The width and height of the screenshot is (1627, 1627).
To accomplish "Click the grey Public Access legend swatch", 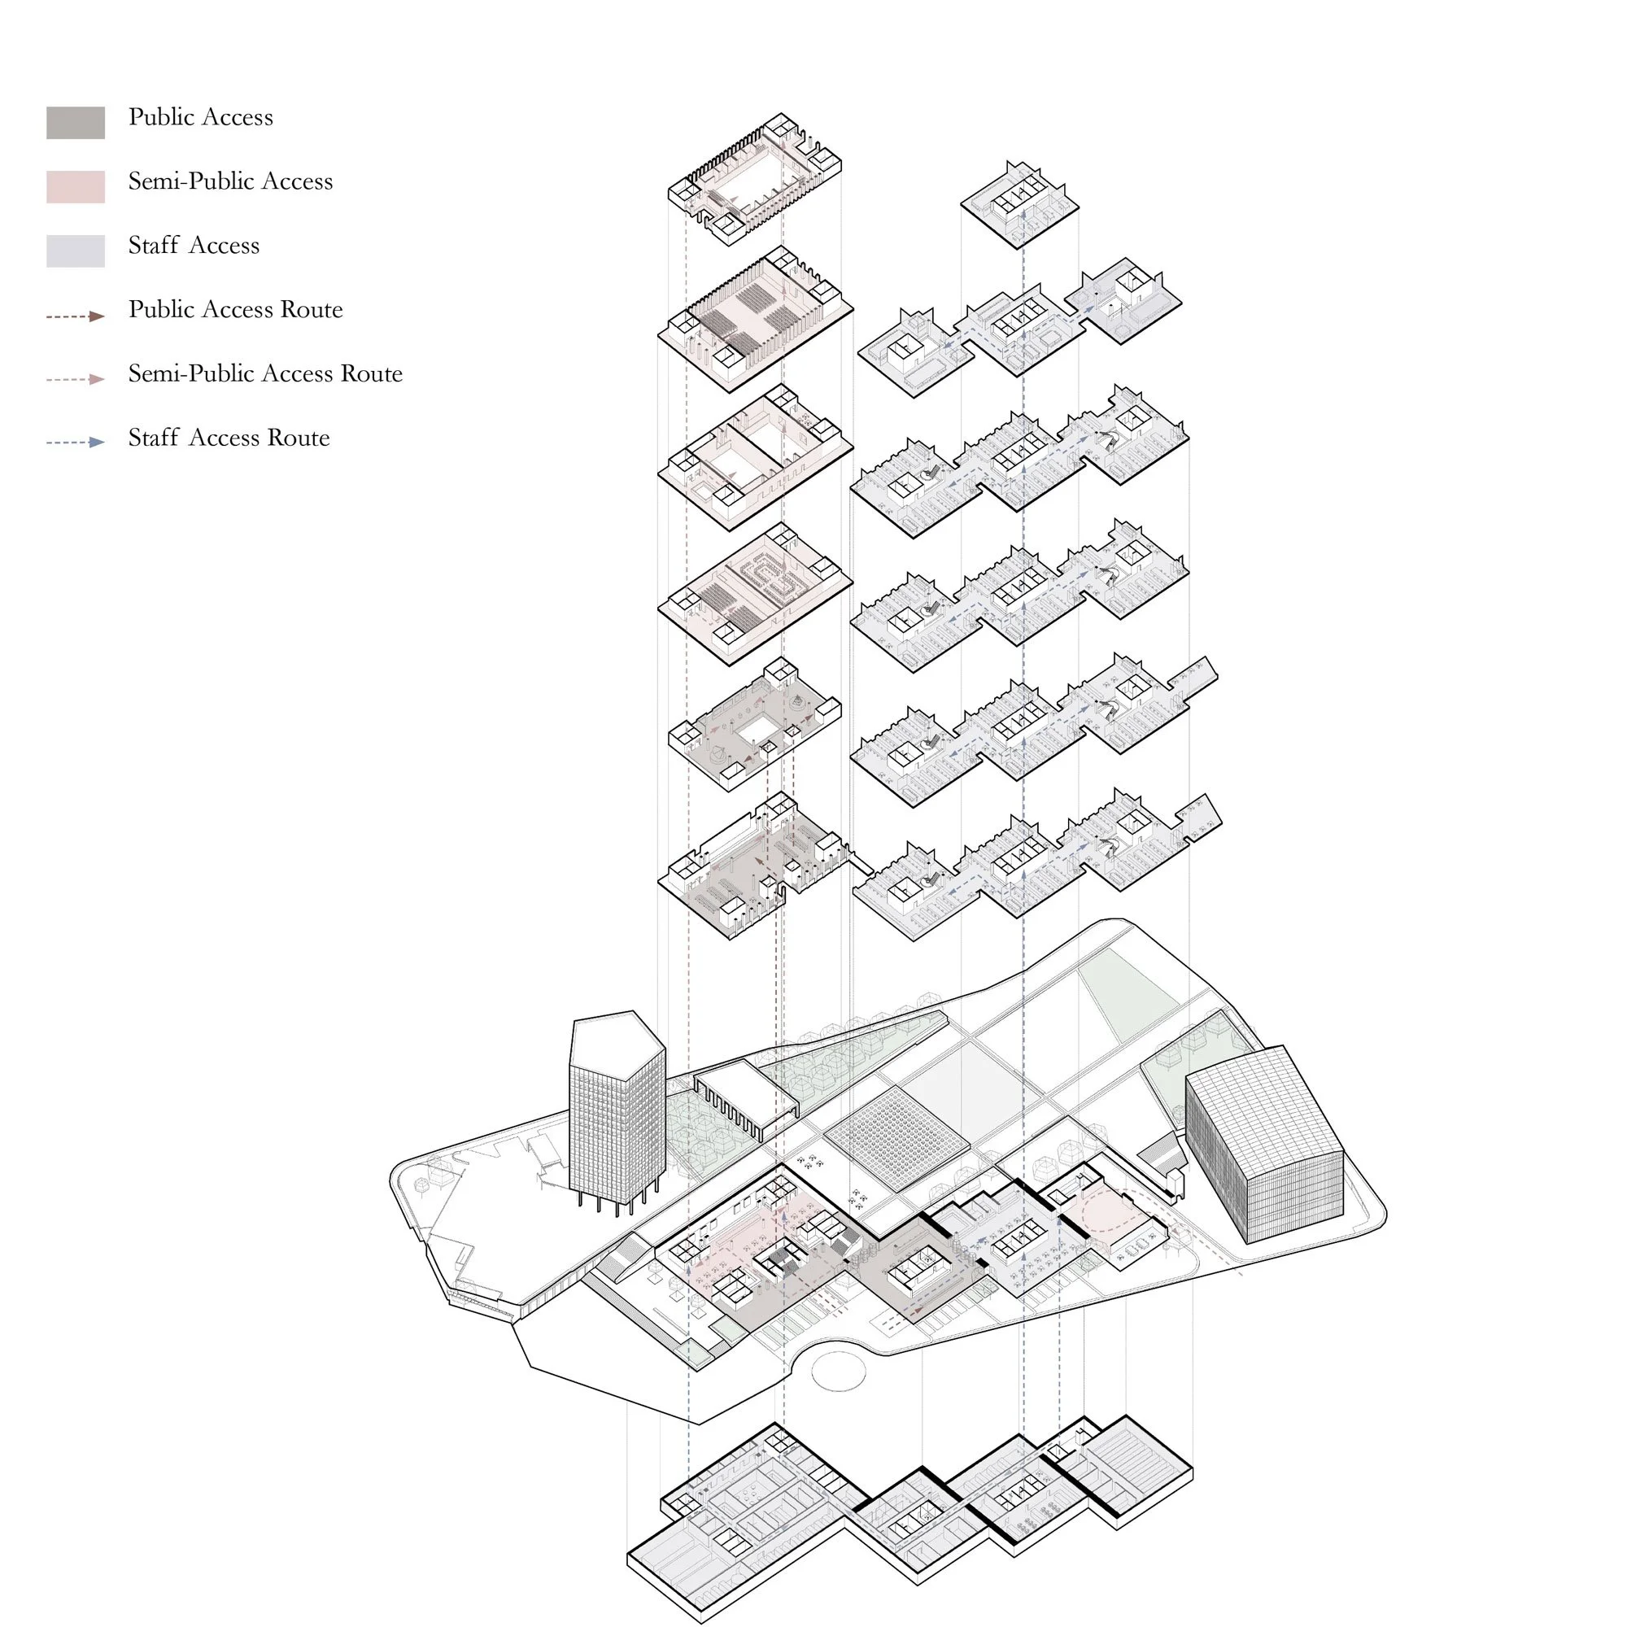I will [x=75, y=122].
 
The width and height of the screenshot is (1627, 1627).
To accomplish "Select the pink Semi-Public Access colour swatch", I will [x=75, y=186].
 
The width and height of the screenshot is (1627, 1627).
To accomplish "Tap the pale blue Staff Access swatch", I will [x=75, y=250].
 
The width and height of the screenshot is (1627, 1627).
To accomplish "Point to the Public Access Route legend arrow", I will [x=75, y=316].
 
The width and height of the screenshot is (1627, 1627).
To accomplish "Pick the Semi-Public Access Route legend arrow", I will [x=75, y=379].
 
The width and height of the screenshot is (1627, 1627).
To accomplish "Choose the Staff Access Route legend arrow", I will [x=75, y=442].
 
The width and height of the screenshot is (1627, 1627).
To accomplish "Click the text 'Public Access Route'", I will [x=235, y=310].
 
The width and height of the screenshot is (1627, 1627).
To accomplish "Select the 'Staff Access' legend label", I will [x=194, y=246].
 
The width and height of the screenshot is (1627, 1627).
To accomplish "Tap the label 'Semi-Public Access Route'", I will [x=264, y=374].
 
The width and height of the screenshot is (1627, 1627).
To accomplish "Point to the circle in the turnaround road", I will [x=838, y=1371].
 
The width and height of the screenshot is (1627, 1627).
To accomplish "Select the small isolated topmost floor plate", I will [x=1020, y=205].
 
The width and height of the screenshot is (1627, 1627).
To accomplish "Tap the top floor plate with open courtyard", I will [x=755, y=178].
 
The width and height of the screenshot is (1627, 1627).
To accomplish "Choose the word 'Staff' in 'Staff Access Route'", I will [x=153, y=438].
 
